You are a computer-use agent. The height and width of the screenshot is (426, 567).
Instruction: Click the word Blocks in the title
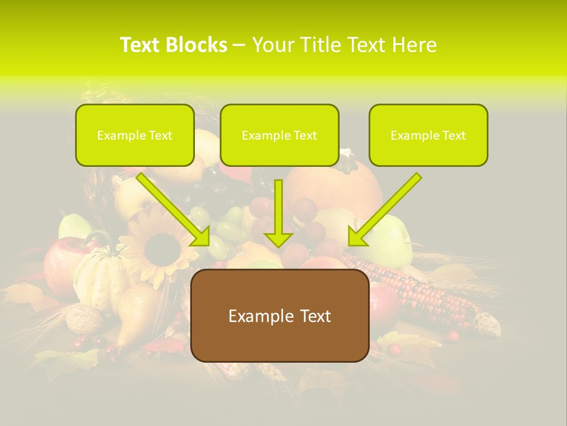pos(198,45)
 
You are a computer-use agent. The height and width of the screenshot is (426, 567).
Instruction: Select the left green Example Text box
pos(135,135)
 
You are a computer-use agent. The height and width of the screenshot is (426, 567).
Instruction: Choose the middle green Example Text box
pos(279,135)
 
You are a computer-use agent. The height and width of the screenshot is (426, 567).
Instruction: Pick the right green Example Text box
pos(428,135)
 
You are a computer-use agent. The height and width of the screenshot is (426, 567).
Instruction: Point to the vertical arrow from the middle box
pos(278,213)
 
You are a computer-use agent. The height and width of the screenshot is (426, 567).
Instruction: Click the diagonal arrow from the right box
pos(384,209)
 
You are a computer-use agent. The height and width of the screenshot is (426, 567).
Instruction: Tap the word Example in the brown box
pos(254,316)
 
